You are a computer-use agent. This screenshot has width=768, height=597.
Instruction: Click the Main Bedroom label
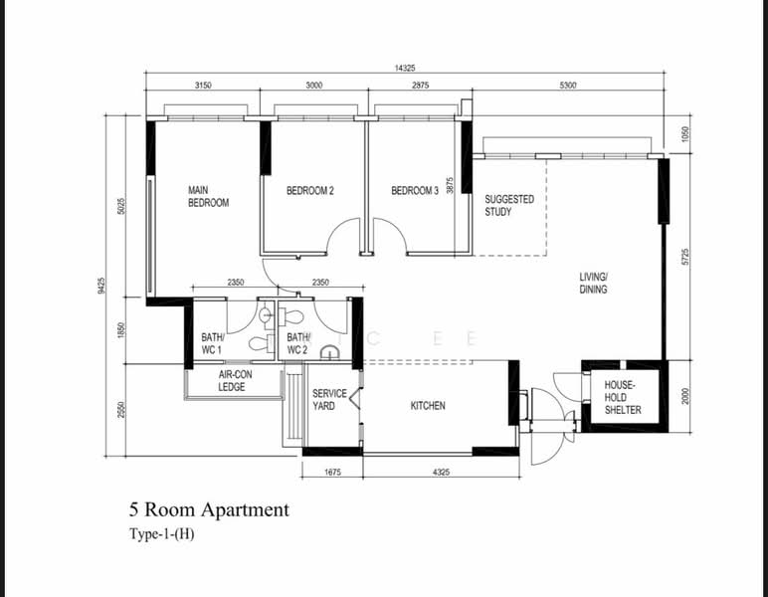tap(208, 196)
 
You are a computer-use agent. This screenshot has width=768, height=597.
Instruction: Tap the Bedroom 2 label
tap(310, 190)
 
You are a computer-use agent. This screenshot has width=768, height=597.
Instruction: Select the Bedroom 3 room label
tap(415, 190)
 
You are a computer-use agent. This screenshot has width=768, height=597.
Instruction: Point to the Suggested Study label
tap(509, 206)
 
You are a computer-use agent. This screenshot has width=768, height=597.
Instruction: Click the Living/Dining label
tap(593, 283)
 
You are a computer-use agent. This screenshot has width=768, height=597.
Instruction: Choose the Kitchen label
tap(428, 406)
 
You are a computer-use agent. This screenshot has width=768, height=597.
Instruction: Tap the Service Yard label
tap(329, 400)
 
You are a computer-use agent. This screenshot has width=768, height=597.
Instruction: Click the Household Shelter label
tap(623, 398)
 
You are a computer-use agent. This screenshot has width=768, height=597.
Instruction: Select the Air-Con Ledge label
tap(235, 380)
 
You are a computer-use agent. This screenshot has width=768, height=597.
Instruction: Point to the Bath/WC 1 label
tap(213, 344)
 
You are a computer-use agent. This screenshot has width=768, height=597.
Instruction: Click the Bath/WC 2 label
tap(298, 344)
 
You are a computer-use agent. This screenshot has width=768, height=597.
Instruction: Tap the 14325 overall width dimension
tap(405, 68)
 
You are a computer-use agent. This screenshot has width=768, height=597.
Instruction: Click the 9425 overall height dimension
tap(100, 286)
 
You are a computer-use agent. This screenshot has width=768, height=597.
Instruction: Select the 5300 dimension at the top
tap(568, 86)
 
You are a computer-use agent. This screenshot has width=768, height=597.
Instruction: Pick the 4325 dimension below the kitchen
tap(441, 473)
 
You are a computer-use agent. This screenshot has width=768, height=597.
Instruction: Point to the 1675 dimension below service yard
tap(332, 473)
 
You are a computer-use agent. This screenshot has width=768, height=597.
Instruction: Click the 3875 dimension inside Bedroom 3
tap(450, 185)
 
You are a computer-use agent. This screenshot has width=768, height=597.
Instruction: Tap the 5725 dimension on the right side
tap(685, 257)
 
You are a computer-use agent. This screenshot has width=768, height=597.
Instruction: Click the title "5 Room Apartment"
tap(209, 509)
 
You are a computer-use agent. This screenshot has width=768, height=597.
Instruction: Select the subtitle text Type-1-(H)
tap(161, 534)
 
